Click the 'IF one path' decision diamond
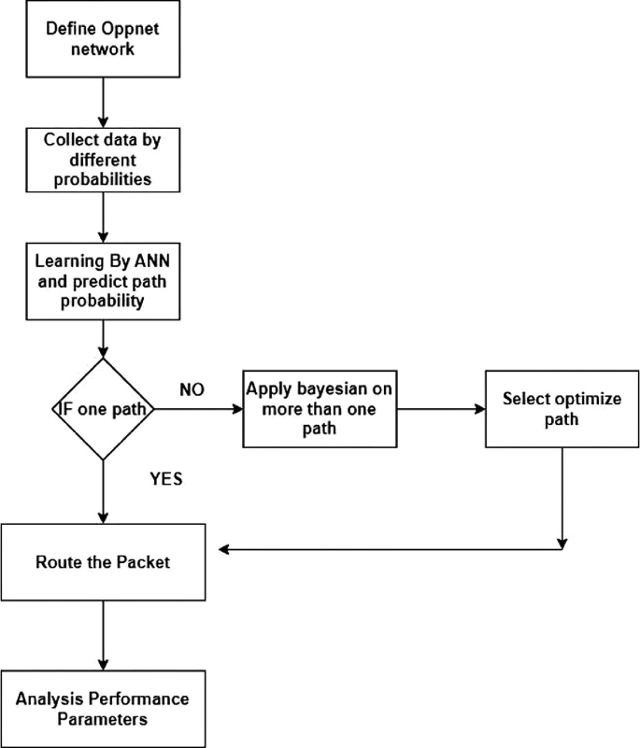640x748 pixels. [100, 409]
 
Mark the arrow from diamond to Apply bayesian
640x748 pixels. [196, 409]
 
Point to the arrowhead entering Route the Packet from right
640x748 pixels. [224, 548]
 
